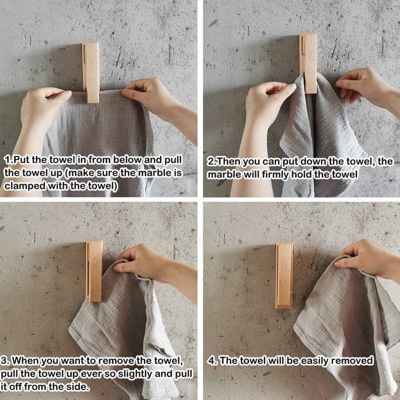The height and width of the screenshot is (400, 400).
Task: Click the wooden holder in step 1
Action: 90,72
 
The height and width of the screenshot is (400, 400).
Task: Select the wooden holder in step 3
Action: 94,270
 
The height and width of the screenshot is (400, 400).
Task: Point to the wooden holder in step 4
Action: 284,275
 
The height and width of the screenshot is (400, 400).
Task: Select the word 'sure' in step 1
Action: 98,173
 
